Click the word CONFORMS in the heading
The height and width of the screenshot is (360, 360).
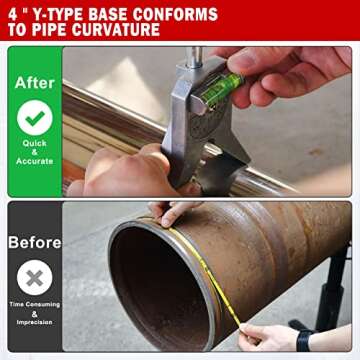pos(173,14)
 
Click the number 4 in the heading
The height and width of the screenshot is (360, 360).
pos(14,14)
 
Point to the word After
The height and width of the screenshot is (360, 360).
pos(34,83)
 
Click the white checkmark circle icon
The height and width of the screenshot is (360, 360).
pos(34,119)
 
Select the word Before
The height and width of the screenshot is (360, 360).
pos(34,242)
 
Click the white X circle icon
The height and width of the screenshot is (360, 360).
pos(34,277)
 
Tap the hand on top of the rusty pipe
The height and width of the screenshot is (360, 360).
pos(174,211)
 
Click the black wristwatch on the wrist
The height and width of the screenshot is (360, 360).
pos(304,339)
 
